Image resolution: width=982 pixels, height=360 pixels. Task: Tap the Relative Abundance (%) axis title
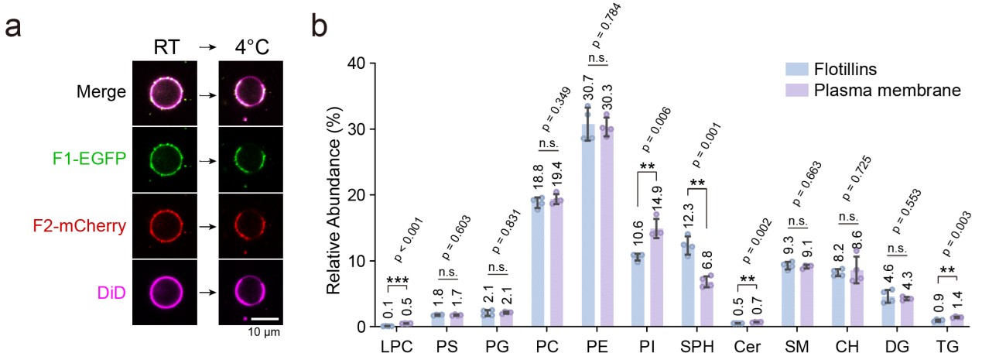(x=334, y=194)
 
